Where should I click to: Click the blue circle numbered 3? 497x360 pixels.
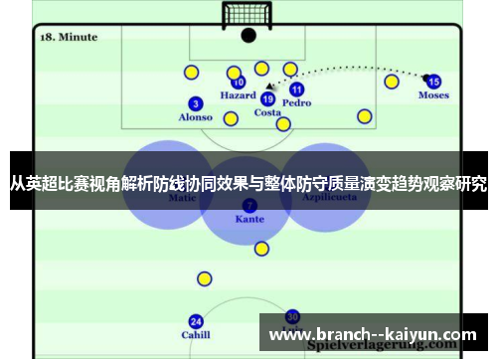coord(196,103)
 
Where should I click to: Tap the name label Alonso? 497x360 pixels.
coord(196,117)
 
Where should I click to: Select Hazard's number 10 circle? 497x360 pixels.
coord(239,84)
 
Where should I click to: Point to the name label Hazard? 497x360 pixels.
coord(239,96)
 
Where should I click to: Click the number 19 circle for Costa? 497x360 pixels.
coord(267,98)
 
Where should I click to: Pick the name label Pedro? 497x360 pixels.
coord(296,102)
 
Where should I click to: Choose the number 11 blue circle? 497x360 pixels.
coord(296,89)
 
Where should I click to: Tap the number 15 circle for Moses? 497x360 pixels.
coord(433,82)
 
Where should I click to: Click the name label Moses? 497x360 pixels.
coord(433,95)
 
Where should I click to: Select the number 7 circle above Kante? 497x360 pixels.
coord(248,205)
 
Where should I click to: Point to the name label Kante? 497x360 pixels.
coord(249,219)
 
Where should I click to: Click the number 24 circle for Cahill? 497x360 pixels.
coord(196,321)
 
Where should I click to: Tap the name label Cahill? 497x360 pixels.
coord(196,335)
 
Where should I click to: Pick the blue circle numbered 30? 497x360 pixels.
coord(292,315)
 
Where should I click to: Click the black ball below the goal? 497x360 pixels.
coord(248,36)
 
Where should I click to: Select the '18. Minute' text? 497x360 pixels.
coord(69,37)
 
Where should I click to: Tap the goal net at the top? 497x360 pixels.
coord(248,15)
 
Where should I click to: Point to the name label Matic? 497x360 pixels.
coord(184,198)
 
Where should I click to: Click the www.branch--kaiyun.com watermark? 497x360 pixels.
coord(373,335)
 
